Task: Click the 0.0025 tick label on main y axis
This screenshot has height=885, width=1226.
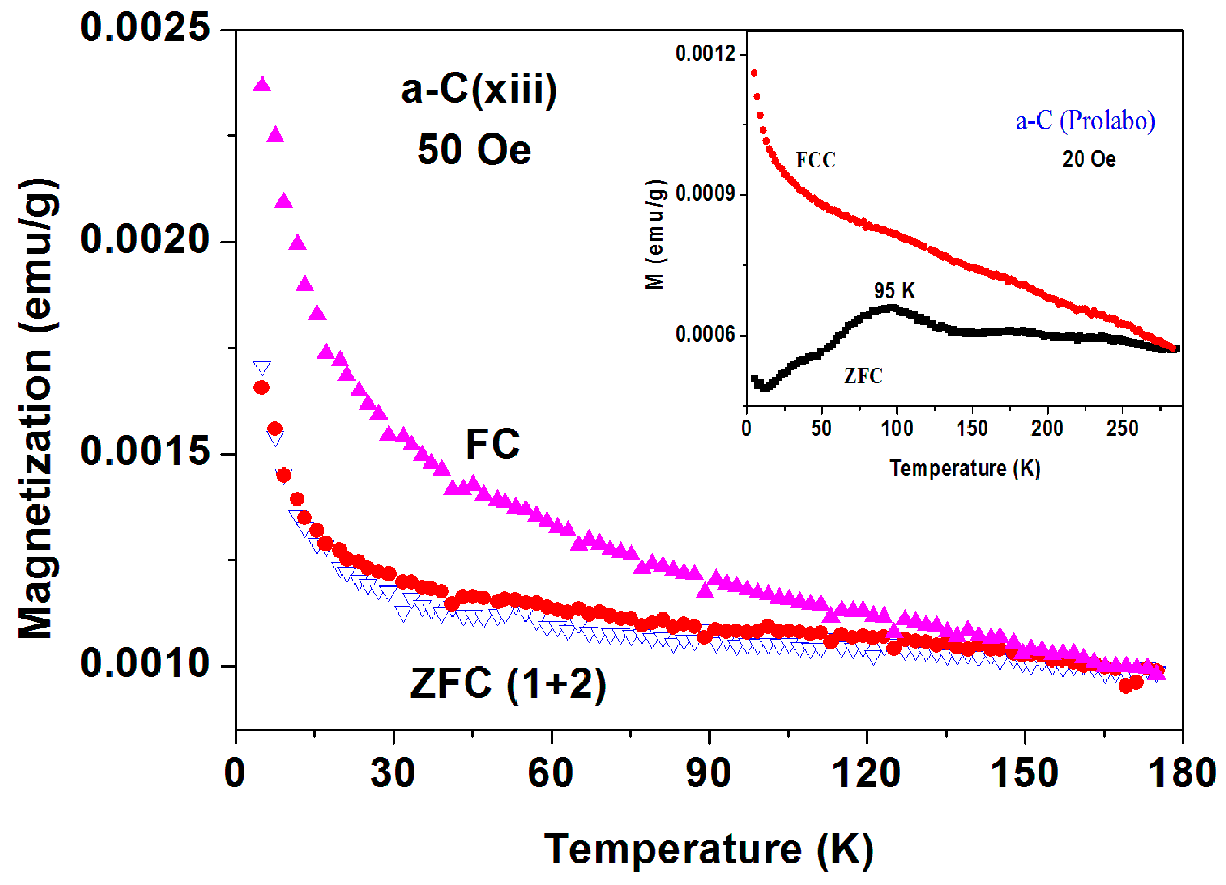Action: (x=144, y=28)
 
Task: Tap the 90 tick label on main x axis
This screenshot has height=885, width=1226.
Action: (x=708, y=773)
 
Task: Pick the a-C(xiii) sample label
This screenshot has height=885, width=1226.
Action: (x=479, y=89)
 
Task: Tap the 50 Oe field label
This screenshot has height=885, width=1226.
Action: (x=474, y=150)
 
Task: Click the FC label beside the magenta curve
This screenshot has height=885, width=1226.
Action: (x=492, y=444)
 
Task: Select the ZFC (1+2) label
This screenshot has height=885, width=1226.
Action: (x=508, y=684)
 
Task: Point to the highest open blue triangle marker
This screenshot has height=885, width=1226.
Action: (x=262, y=368)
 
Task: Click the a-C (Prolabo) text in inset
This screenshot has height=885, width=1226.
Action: (x=1085, y=120)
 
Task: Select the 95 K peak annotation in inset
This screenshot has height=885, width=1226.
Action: (x=894, y=291)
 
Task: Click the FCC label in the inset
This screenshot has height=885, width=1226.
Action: (x=816, y=160)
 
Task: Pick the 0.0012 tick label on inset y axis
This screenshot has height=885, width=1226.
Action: (x=705, y=54)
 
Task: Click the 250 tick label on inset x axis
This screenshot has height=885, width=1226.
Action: (x=1122, y=429)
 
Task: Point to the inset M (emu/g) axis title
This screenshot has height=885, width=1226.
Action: (x=655, y=235)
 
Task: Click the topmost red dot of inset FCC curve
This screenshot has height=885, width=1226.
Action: (x=754, y=73)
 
